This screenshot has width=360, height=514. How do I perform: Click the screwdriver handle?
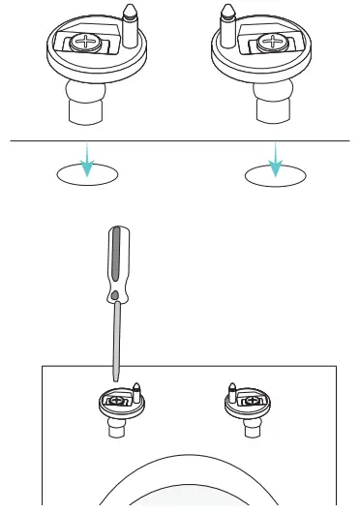[114, 259]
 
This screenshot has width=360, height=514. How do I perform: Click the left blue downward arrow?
[88, 162]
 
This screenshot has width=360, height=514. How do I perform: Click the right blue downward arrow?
[276, 162]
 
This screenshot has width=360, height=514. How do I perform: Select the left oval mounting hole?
[88, 175]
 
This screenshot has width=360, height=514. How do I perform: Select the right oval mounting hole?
[276, 175]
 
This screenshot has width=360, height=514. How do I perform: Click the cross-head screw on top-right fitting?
[274, 44]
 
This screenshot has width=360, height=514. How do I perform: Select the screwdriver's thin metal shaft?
[116, 339]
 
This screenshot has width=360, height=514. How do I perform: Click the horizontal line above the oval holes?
[180, 141]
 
